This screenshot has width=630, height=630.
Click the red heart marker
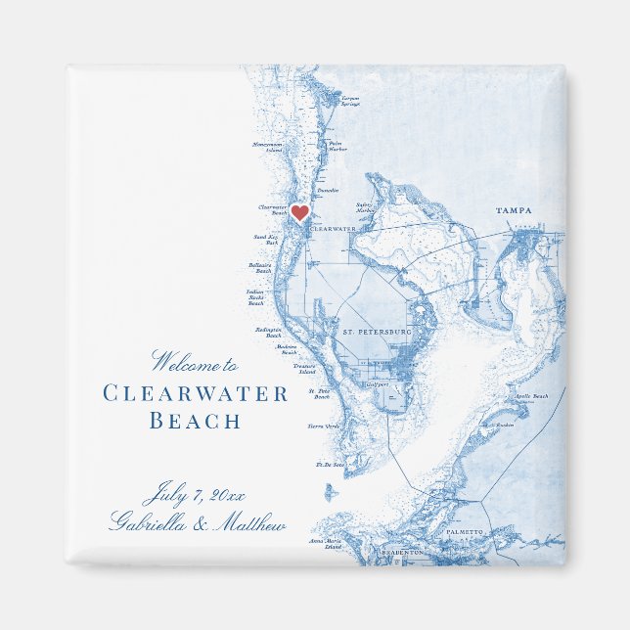300,211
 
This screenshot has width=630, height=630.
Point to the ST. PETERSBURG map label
377,333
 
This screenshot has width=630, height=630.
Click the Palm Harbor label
337,146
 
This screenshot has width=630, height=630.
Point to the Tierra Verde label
324,427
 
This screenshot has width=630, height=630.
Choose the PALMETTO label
466,531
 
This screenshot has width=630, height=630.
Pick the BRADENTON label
403,553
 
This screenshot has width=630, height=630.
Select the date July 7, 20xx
196,492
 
